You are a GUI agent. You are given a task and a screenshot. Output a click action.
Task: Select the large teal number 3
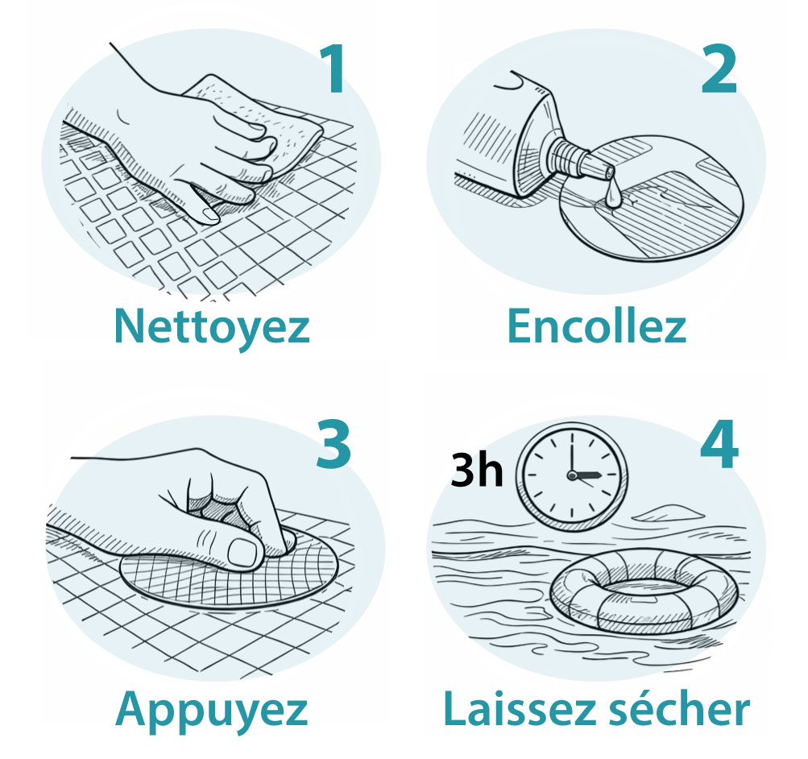point(334,443)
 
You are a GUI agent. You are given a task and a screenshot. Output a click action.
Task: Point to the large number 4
point(719,443)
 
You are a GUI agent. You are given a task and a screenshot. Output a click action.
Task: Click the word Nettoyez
point(212,326)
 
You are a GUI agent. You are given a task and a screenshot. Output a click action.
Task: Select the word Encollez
point(597,326)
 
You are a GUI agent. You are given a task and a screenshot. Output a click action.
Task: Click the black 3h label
point(477,470)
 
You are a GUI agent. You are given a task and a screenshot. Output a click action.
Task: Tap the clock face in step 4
point(572,475)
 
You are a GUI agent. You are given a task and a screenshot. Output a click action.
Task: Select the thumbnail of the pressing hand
point(242,553)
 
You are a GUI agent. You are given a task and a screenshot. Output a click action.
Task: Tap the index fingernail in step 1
point(209,215)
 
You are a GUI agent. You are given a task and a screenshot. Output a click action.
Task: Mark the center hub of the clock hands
point(572,475)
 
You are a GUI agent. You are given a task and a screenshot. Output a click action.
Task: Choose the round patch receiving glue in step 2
point(652,198)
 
